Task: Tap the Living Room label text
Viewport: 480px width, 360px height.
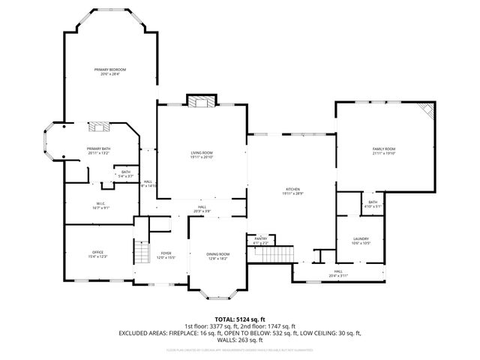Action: pyautogui.click(x=202, y=154)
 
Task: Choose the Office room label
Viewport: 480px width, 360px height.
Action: pyautogui.click(x=98, y=253)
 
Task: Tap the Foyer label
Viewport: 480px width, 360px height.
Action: pyautogui.click(x=166, y=255)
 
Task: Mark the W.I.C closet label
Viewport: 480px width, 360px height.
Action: pyautogui.click(x=100, y=204)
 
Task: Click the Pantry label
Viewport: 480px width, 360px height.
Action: pyautogui.click(x=260, y=239)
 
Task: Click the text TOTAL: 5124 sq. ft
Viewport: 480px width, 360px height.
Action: pyautogui.click(x=240, y=320)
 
